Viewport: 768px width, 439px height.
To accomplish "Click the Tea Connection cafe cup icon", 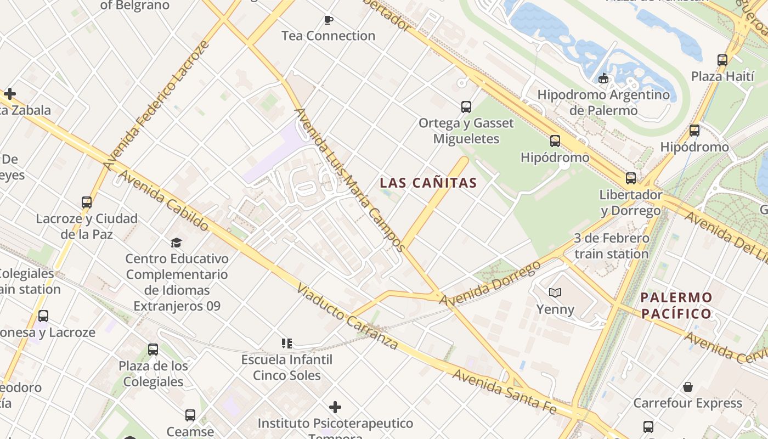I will pyautogui.click(x=329, y=20).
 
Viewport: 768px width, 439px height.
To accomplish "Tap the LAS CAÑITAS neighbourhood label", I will pyautogui.click(x=428, y=183).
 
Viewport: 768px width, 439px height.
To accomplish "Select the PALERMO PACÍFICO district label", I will pyautogui.click(x=677, y=306).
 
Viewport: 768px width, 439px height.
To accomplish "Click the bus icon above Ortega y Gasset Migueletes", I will pyautogui.click(x=466, y=106).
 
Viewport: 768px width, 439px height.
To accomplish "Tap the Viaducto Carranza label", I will pyautogui.click(x=347, y=317).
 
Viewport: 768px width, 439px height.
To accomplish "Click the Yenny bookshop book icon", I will pyautogui.click(x=555, y=292).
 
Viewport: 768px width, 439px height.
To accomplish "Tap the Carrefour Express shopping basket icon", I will pyautogui.click(x=688, y=387).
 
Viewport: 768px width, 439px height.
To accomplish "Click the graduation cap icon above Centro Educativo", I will pyautogui.click(x=176, y=242).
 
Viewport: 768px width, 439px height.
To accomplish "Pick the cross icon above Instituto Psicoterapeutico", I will pyautogui.click(x=335, y=407).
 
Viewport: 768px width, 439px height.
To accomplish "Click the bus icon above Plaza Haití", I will pyautogui.click(x=722, y=60).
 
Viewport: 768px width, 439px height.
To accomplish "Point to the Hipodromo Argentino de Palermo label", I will pyautogui.click(x=603, y=102).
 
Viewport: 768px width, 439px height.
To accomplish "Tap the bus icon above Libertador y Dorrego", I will pyautogui.click(x=631, y=178).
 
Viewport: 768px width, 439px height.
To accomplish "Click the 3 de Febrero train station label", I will pyautogui.click(x=612, y=246).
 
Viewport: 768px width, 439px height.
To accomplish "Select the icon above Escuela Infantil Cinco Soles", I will pyautogui.click(x=286, y=344).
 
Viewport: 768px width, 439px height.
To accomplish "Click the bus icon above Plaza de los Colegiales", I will pyautogui.click(x=153, y=349).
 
